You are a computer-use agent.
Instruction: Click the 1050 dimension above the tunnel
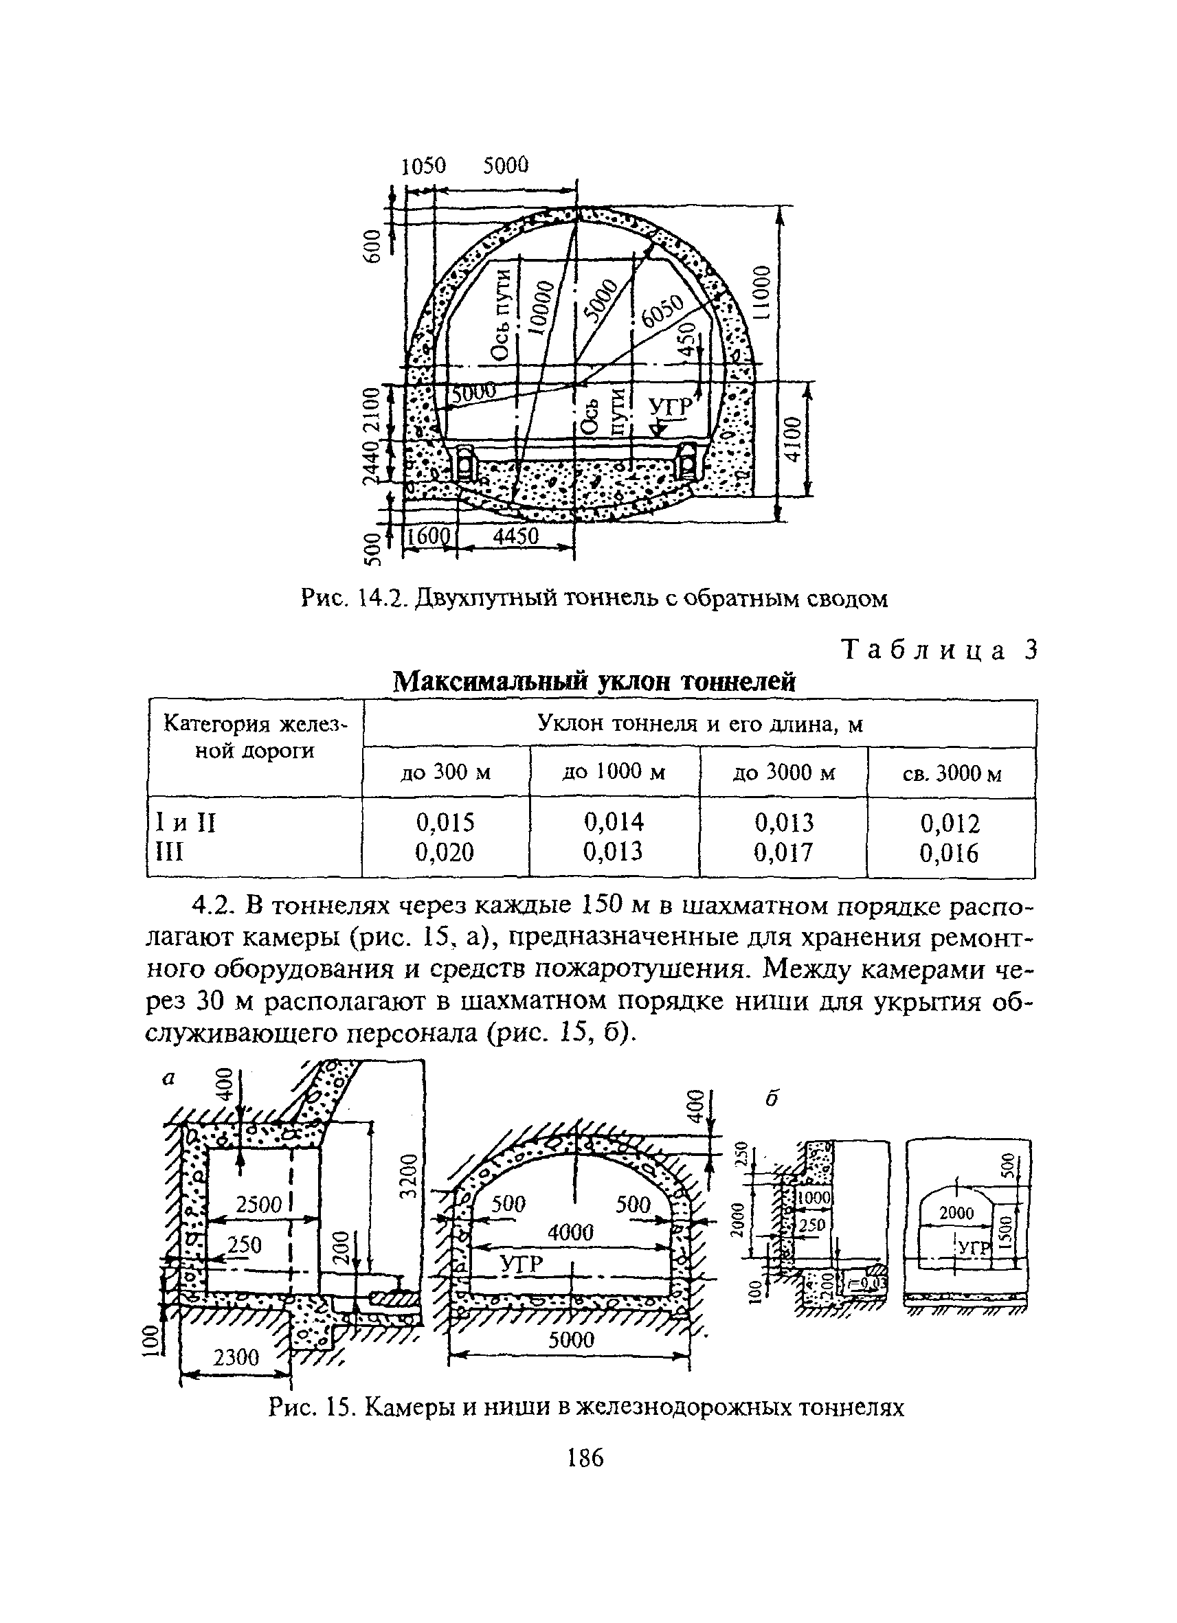[423, 166]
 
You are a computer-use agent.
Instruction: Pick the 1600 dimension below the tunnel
[427, 537]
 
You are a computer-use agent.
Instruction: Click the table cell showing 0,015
[445, 822]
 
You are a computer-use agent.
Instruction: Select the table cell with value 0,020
[445, 852]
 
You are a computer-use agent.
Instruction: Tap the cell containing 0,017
[783, 852]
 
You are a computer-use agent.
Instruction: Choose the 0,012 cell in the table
[950, 823]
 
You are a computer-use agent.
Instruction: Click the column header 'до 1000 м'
[614, 772]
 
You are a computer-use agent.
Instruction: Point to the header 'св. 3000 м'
[952, 773]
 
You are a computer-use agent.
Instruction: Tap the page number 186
[585, 1457]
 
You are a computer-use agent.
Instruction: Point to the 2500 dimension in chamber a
[259, 1203]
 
